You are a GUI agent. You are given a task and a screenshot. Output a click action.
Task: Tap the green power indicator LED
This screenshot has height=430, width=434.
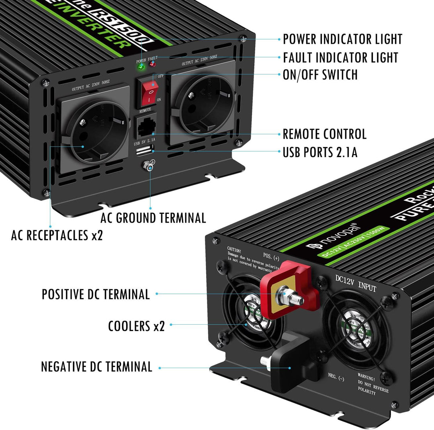(x=141, y=67)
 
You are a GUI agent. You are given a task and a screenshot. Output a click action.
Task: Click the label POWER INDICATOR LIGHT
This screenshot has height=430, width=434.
(x=342, y=39)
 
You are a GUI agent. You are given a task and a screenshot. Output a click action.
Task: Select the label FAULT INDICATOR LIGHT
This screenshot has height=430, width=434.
(x=340, y=57)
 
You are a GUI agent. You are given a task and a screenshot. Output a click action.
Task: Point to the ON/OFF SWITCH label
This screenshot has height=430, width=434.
(x=320, y=74)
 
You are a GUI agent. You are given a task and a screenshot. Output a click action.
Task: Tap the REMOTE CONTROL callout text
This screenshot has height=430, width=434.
(x=324, y=134)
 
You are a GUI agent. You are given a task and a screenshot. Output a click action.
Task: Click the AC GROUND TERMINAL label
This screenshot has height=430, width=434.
(x=153, y=218)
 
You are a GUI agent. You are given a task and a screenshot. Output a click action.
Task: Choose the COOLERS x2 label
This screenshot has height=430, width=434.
(x=136, y=326)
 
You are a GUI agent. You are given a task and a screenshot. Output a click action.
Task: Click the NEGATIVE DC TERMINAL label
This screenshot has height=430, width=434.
(x=96, y=367)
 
